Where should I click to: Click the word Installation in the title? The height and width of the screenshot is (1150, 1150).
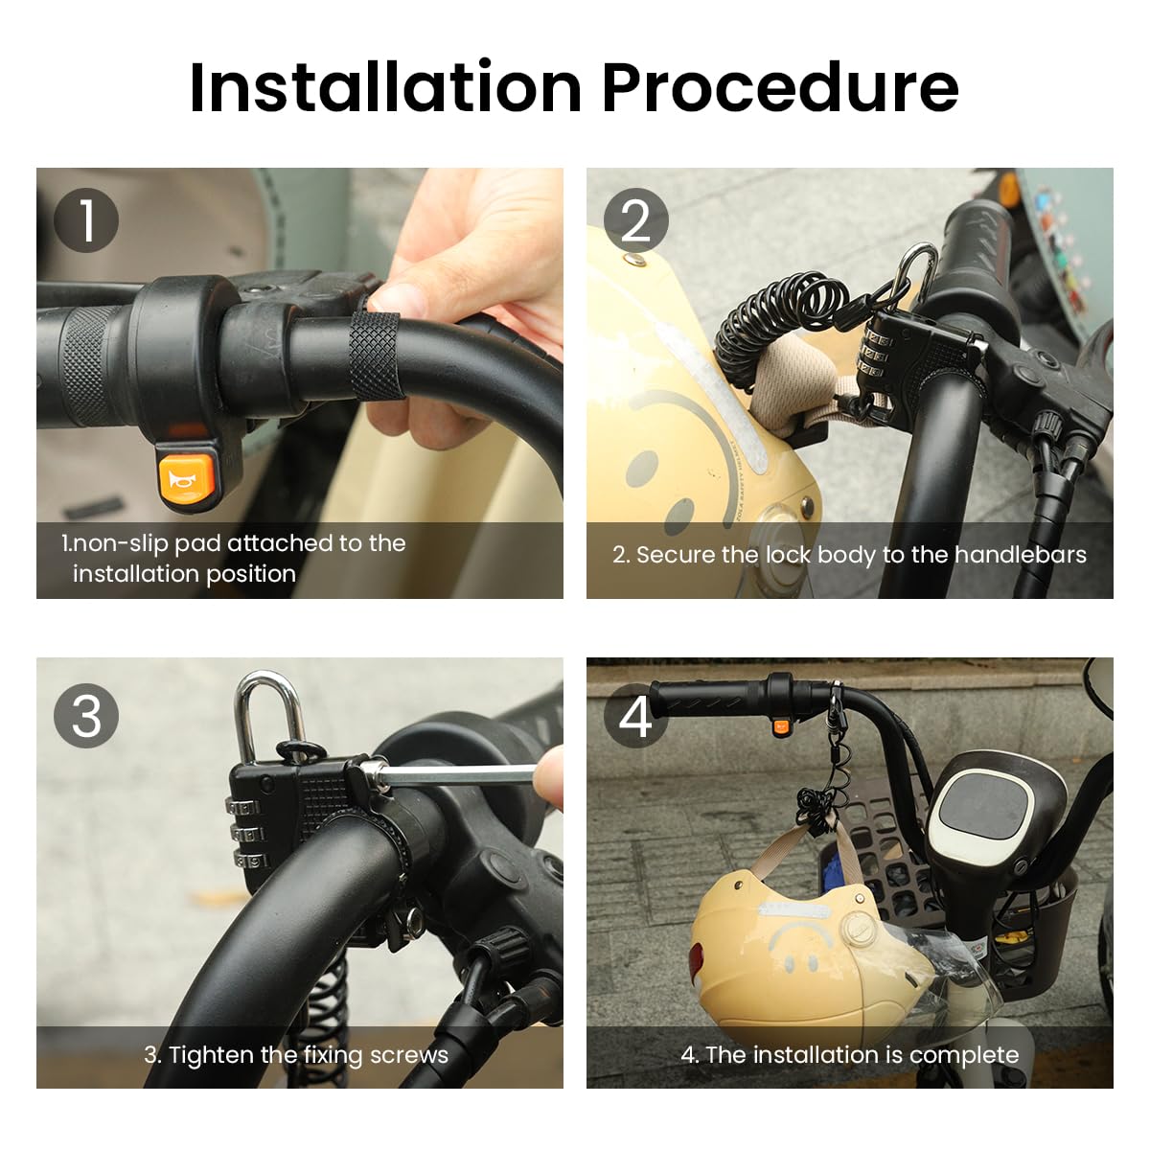(385, 88)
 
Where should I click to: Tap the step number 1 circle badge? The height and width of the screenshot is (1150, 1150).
(86, 220)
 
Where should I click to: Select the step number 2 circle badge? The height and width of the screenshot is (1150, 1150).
(635, 220)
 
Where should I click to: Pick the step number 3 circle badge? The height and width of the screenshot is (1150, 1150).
(86, 716)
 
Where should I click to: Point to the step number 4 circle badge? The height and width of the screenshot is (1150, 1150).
(635, 716)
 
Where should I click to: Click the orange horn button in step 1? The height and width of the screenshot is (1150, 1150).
(187, 477)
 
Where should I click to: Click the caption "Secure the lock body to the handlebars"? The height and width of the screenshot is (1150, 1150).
(849, 555)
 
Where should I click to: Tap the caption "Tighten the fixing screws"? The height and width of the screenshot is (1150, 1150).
(296, 1055)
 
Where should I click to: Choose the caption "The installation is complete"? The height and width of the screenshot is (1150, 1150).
(849, 1055)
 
